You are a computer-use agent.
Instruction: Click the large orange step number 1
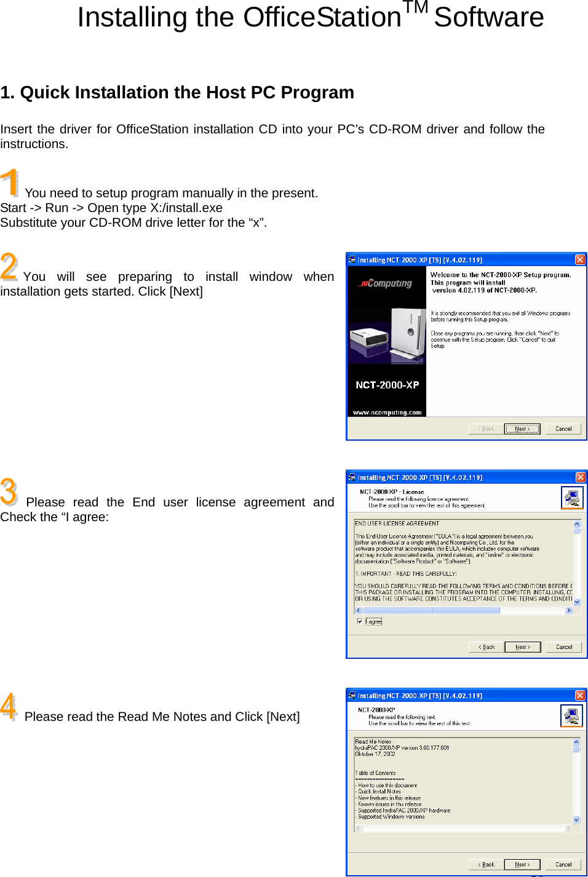coord(10,183)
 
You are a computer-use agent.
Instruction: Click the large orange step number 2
coord(9,266)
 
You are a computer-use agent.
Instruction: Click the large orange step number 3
coord(9,492)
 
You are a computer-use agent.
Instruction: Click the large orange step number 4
coord(9,706)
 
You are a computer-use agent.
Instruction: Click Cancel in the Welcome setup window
coord(563,429)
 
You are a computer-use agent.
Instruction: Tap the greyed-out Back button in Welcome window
coord(487,429)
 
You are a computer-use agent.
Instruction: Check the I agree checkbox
coord(360,621)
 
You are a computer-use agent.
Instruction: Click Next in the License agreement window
coord(522,647)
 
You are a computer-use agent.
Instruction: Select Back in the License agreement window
coord(487,647)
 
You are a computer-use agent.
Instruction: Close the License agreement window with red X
coord(580,478)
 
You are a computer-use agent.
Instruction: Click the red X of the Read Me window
coord(580,696)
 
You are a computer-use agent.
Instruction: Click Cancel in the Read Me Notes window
coord(563,865)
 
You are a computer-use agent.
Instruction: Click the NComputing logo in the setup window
coord(386,283)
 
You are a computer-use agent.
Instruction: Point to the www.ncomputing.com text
coord(387,412)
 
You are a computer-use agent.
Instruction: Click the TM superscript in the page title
coord(415,8)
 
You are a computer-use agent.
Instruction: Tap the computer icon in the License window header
coord(572,497)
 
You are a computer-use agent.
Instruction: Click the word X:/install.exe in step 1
coord(186,208)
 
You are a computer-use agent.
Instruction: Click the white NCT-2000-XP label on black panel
coord(387,385)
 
